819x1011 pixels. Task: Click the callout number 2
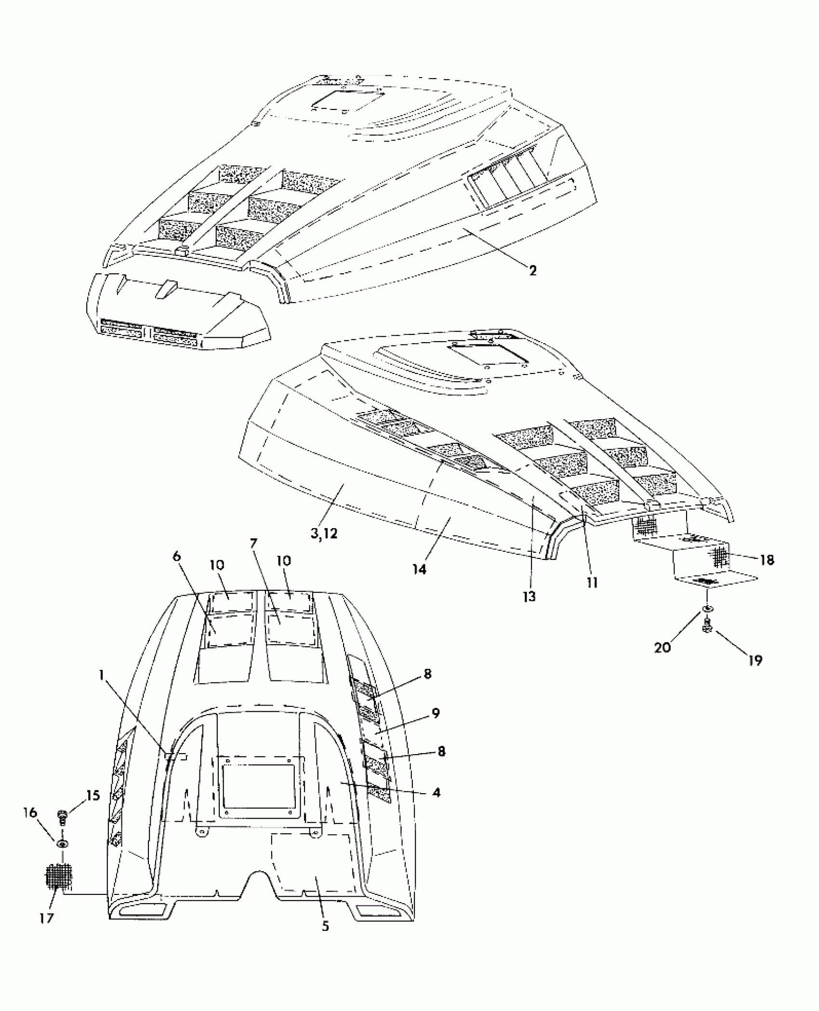pyautogui.click(x=532, y=270)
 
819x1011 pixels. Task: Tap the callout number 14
pyautogui.click(x=419, y=569)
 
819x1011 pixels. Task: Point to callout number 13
pyautogui.click(x=529, y=597)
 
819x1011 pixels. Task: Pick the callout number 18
pyautogui.click(x=767, y=560)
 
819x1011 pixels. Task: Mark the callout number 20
pyautogui.click(x=662, y=647)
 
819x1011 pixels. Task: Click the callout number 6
pyautogui.click(x=176, y=556)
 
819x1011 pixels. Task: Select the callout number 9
pyautogui.click(x=435, y=713)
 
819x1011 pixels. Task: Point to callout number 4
pyautogui.click(x=436, y=792)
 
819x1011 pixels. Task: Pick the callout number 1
pyautogui.click(x=102, y=676)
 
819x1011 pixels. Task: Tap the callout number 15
pyautogui.click(x=93, y=795)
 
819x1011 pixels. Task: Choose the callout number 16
pyautogui.click(x=30, y=812)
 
